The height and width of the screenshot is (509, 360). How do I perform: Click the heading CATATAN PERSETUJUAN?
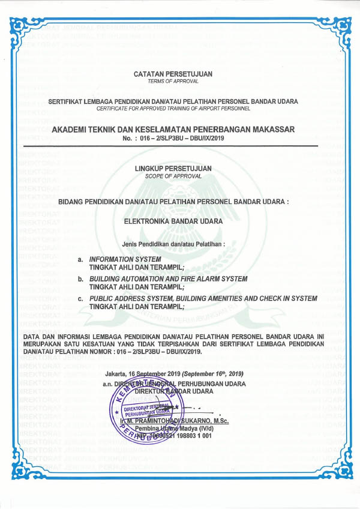click(x=173, y=73)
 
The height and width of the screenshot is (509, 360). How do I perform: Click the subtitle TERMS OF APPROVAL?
click(x=173, y=81)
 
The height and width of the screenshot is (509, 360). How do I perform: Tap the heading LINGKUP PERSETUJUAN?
click(x=173, y=169)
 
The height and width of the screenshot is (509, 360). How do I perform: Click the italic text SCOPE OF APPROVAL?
click(x=173, y=176)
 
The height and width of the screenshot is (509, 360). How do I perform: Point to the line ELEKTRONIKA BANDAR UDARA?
click(x=173, y=221)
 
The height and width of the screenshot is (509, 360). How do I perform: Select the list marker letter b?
click(x=80, y=279)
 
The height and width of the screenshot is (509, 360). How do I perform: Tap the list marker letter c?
click(x=80, y=298)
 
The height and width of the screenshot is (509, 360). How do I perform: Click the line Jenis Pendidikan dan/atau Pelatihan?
click(x=173, y=244)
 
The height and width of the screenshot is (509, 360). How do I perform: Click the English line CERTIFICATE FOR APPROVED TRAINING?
click(x=173, y=109)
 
